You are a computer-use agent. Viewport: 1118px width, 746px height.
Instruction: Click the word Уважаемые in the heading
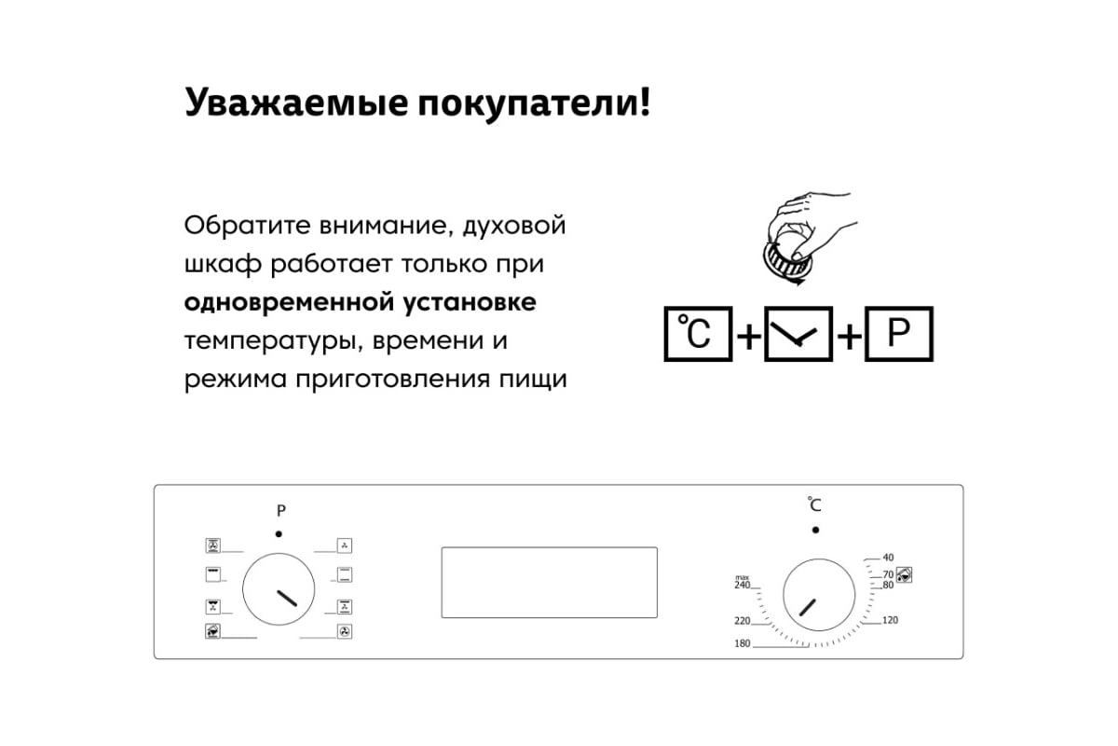point(296,104)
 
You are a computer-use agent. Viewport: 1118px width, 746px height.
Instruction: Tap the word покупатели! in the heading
point(534,104)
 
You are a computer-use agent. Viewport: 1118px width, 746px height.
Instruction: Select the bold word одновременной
point(289,302)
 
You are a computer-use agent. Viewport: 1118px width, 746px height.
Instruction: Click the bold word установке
point(470,303)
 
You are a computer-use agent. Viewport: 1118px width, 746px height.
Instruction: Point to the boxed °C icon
point(698,333)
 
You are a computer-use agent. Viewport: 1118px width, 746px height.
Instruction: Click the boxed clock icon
point(798,333)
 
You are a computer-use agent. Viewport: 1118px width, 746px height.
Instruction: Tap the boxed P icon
point(898,333)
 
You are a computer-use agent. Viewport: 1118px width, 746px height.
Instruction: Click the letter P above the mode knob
point(281,511)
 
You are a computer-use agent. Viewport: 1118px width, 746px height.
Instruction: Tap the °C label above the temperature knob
point(814,504)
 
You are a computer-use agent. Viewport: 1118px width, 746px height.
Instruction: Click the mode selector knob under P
point(279,589)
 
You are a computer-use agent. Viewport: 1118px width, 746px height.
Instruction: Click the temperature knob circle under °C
point(819,595)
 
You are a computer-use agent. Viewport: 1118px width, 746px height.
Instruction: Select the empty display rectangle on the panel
point(549,583)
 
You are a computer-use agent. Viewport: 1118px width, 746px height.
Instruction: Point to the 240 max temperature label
point(743,583)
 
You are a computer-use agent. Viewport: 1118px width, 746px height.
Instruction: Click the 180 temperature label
point(743,643)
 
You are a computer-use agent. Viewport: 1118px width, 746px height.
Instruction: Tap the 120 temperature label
point(890,620)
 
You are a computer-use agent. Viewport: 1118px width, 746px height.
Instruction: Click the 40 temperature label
point(888,557)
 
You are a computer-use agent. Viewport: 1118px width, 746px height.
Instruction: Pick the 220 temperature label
point(743,621)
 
